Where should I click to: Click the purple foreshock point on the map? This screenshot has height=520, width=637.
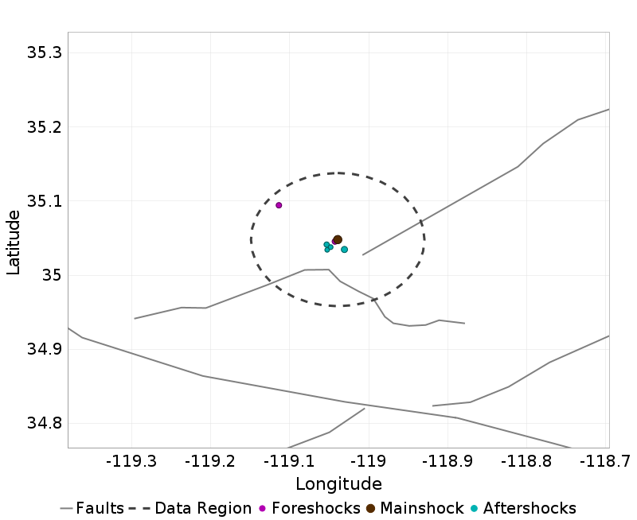tap(279, 205)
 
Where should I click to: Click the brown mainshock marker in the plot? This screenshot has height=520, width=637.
tap(338, 239)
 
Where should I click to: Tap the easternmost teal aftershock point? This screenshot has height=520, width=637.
tap(344, 250)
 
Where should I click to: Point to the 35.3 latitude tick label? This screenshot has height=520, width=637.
tap(45, 53)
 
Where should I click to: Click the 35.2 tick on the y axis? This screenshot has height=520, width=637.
tap(45, 127)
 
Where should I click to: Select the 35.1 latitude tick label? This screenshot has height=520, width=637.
tap(45, 201)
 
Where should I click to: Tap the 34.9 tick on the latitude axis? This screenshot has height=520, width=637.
tap(45, 349)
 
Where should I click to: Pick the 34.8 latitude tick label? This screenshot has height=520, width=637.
tap(45, 423)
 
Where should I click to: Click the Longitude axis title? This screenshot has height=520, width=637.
tap(338, 484)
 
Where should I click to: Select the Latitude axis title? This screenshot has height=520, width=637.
tap(14, 242)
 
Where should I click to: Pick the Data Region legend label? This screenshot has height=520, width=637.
tap(202, 508)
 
